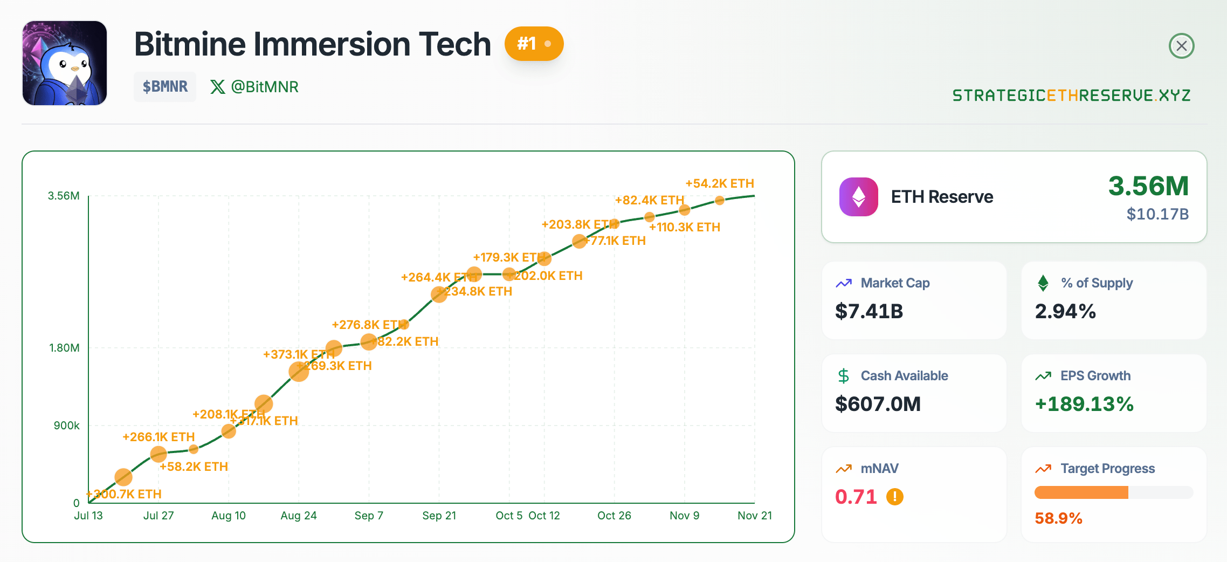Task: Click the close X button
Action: pos(1181,46)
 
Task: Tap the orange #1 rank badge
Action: pos(534,44)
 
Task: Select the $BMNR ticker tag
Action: pos(165,87)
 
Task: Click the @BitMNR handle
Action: pos(264,87)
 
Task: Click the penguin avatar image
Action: pos(65,63)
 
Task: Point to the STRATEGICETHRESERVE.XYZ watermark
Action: pos(1071,95)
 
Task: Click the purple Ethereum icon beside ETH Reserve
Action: pos(858,197)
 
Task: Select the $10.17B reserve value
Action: pos(1157,214)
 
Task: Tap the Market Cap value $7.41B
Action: pos(869,311)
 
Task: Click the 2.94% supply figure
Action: pos(1065,311)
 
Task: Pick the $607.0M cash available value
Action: pos(878,404)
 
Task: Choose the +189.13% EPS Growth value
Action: pos(1084,404)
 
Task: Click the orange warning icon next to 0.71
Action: pos(895,496)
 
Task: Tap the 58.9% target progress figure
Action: pos(1058,518)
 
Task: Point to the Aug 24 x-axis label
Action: pos(299,516)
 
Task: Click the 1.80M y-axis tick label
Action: pos(64,348)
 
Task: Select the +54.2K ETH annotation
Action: pos(719,183)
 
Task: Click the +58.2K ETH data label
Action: pos(194,467)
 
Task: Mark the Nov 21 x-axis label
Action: pos(754,516)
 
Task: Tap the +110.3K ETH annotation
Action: pos(685,227)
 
